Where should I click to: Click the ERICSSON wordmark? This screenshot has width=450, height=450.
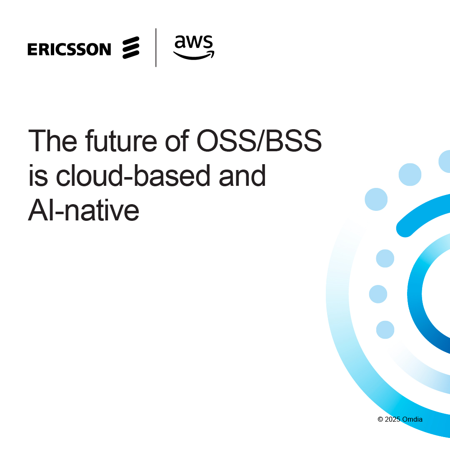point(69,49)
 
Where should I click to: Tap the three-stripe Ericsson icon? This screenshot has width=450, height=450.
point(131,47)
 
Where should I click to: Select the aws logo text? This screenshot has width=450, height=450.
point(194,42)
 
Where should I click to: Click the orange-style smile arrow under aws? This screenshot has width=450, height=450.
point(194,56)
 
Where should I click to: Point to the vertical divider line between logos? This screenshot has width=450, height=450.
point(156,47)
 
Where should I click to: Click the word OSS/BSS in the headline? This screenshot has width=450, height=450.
point(259,140)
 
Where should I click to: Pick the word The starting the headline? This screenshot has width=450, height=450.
point(52,140)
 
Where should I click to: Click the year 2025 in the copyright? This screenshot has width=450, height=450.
point(392,419)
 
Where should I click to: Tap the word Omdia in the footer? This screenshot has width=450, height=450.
point(412,419)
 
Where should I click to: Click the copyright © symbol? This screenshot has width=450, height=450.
point(380,419)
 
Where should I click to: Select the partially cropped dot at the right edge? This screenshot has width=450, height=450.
point(445,161)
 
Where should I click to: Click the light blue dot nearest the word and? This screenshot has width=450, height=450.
point(410,175)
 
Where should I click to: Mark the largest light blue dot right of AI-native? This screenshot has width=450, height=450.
point(376,199)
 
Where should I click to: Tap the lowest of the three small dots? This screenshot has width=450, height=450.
point(385,330)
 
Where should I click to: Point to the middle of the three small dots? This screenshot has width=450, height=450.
point(378,294)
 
